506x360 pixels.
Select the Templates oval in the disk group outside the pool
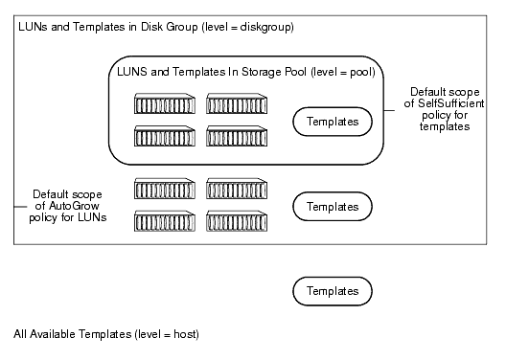point(333,206)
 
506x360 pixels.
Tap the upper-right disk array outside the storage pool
point(236,188)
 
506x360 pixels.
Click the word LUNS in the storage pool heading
point(131,71)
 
